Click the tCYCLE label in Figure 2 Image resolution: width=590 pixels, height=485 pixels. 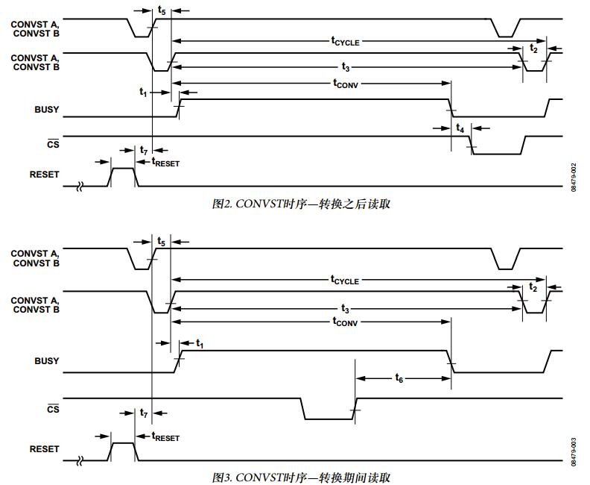coord(346,41)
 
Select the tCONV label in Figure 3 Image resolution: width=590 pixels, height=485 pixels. coord(345,322)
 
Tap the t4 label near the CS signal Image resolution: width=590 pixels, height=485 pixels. coord(460,128)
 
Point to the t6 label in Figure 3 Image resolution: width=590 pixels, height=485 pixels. coord(399,378)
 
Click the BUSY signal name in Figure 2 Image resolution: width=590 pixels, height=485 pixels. coord(47,110)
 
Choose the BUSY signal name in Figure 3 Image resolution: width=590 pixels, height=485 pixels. coord(47,361)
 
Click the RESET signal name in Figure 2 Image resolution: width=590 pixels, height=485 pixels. coord(45,175)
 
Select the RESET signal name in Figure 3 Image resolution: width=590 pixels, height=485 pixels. coord(45,449)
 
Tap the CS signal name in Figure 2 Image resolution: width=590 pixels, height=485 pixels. coord(53,144)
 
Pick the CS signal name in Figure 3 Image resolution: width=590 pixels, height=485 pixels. coord(53,409)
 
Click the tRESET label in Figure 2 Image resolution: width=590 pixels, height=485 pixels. coord(165,163)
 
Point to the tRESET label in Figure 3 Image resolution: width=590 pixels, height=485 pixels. coord(165,437)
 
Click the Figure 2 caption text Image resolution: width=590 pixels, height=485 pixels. coord(301,204)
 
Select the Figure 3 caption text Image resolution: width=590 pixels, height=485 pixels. coord(301,478)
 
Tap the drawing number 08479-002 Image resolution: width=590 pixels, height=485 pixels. coord(574,178)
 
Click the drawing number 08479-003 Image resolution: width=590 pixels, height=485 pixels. coord(574,452)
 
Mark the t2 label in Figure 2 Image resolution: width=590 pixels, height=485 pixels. coord(534,48)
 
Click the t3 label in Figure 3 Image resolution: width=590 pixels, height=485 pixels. coord(346,309)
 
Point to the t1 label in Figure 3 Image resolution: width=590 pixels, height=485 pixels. coord(200,344)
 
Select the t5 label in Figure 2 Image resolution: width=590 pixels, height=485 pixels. coord(162,10)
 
